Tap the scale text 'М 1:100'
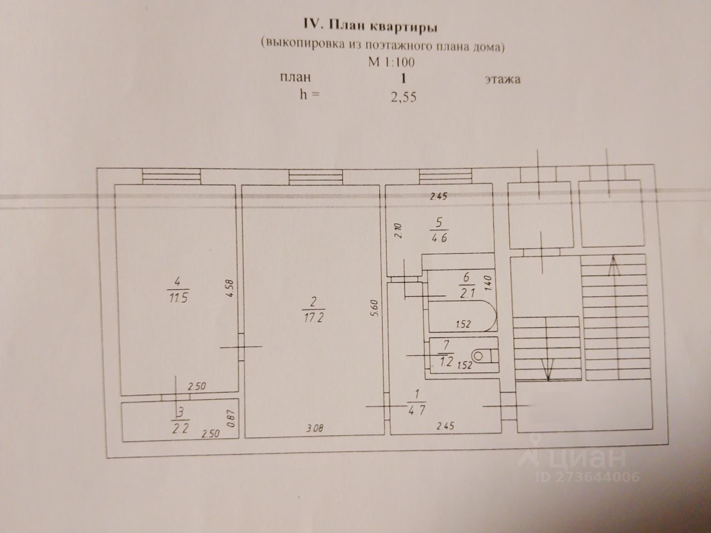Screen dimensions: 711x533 pyautogui.click(x=391, y=62)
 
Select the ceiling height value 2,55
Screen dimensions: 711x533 pyautogui.click(x=404, y=97)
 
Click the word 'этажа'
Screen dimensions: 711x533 pyautogui.click(x=502, y=79)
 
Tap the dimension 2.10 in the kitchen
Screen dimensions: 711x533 pyautogui.click(x=398, y=229)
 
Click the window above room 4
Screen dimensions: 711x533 pyautogui.click(x=170, y=176)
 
